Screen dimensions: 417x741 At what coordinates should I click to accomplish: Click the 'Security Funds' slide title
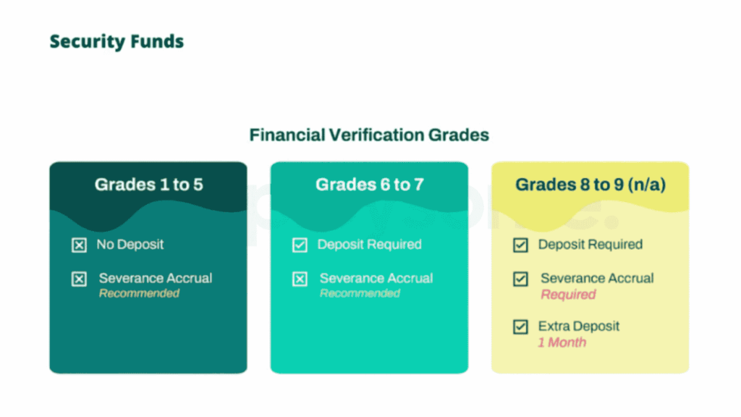tap(117, 42)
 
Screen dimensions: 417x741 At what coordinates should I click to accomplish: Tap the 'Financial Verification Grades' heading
tap(369, 135)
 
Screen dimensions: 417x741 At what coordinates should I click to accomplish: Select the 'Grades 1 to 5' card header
tap(148, 185)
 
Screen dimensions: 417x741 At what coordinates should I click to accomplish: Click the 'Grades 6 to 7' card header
tap(369, 185)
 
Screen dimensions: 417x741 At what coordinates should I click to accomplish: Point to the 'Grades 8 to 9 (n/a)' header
tap(590, 185)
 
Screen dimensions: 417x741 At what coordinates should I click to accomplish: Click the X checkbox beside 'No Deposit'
tap(79, 245)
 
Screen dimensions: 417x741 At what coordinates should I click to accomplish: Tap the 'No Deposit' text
tap(130, 245)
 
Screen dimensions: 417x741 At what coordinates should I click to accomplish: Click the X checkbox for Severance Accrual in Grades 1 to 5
tap(79, 279)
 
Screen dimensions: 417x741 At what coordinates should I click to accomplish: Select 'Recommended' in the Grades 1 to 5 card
tap(139, 294)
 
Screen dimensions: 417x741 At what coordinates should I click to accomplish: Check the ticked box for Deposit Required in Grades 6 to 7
tap(300, 245)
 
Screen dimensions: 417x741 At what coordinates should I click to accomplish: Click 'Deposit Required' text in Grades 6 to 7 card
tap(369, 245)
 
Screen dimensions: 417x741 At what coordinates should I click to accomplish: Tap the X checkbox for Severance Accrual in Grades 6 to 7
tap(300, 279)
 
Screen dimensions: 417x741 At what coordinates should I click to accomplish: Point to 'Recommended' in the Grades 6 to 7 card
tap(360, 294)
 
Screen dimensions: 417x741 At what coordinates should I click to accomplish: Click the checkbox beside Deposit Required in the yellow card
tap(520, 245)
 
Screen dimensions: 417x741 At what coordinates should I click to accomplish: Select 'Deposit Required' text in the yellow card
tap(590, 245)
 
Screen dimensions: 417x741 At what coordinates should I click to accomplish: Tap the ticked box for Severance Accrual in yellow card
tap(520, 279)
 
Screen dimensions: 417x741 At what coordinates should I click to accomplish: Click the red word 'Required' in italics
tap(568, 295)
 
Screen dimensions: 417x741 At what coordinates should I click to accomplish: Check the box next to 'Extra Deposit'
tap(520, 327)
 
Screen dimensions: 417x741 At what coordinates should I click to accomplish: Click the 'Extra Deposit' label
tap(579, 327)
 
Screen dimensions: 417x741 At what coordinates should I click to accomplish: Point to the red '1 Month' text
tap(562, 342)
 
